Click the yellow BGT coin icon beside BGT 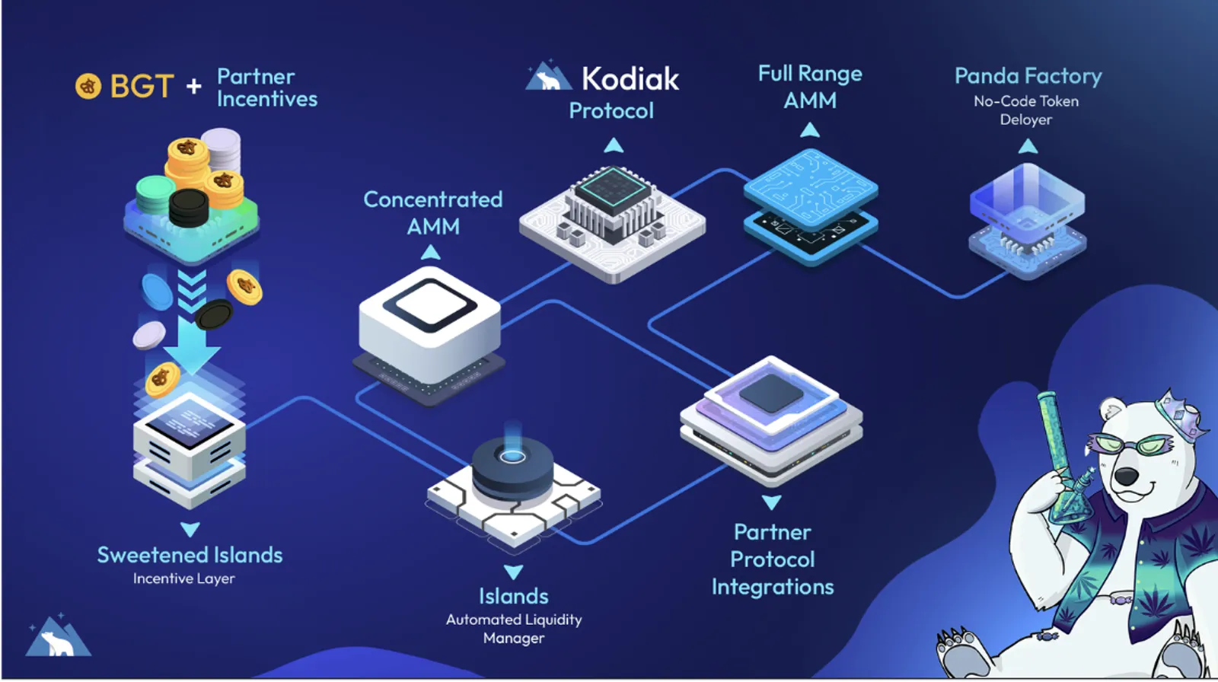(x=88, y=86)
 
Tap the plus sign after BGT (x=193, y=86)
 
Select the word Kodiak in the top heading (x=630, y=79)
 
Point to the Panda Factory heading (x=1028, y=76)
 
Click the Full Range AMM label (x=810, y=87)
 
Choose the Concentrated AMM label (x=433, y=212)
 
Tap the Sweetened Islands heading (x=190, y=555)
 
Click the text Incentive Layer (x=183, y=578)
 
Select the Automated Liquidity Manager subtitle (x=514, y=629)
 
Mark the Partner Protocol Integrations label (x=773, y=559)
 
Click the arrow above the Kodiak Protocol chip (x=614, y=145)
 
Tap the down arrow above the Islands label (x=513, y=572)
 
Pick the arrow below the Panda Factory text (x=1028, y=145)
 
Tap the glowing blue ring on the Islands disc (x=512, y=456)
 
